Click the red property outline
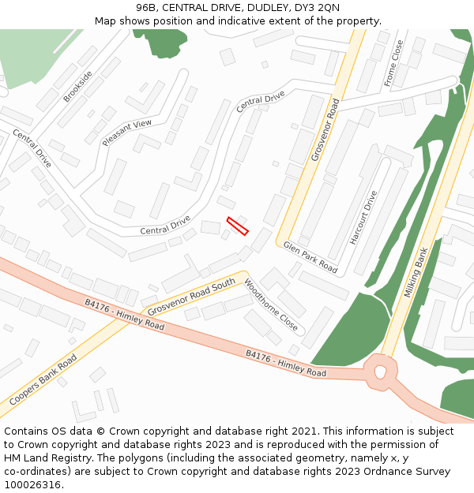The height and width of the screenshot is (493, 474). pyautogui.click(x=238, y=226)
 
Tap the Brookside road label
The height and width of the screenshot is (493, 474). pyautogui.click(x=78, y=86)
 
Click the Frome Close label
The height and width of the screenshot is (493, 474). pyautogui.click(x=393, y=63)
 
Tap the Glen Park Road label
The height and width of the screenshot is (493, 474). pyautogui.click(x=310, y=257)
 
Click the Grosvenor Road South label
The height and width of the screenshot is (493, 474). pyautogui.click(x=191, y=294)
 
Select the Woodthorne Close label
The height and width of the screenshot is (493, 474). pyautogui.click(x=271, y=305)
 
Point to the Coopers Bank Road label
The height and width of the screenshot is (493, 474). pyautogui.click(x=43, y=384)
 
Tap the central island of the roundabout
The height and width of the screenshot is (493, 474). pyautogui.click(x=381, y=369)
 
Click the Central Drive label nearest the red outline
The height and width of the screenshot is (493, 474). pyautogui.click(x=165, y=225)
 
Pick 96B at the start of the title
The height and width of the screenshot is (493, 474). pyautogui.click(x=147, y=8)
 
